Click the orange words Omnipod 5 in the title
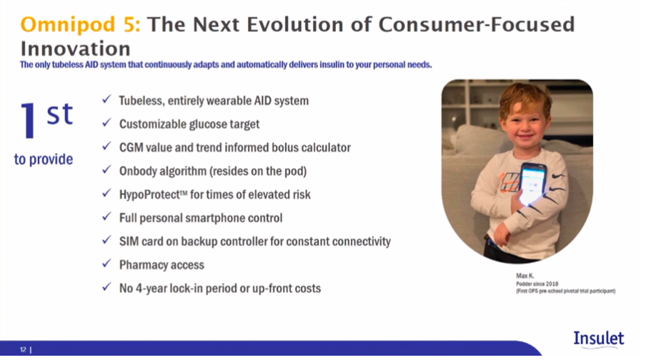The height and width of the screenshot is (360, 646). click(80, 25)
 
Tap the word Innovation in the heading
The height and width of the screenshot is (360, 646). click(76, 49)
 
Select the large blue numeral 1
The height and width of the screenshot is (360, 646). click(29, 120)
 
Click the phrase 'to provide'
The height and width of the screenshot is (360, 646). click(44, 159)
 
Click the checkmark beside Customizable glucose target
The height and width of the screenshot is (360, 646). click(106, 123)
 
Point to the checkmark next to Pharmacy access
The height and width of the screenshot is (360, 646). click(106, 263)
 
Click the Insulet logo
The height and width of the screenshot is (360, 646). click(599, 339)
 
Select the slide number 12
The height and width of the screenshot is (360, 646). click(23, 350)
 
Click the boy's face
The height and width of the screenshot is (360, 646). click(525, 121)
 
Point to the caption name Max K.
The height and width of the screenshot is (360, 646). click(525, 276)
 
